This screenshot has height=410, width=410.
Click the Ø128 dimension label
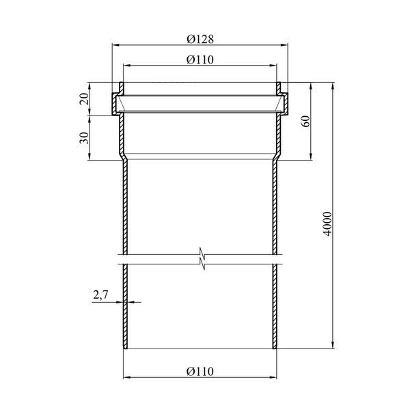click(x=200, y=39)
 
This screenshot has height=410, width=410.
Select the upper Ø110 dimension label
click(x=200, y=60)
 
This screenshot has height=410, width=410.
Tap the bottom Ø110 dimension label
click(x=200, y=372)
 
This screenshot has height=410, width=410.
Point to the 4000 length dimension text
click(x=327, y=224)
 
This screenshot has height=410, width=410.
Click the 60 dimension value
click(x=305, y=121)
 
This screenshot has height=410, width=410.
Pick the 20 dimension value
click(x=84, y=99)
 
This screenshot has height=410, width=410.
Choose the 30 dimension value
click(x=84, y=138)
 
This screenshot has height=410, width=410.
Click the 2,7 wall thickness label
click(x=100, y=295)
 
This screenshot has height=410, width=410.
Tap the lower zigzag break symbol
click(x=202, y=263)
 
